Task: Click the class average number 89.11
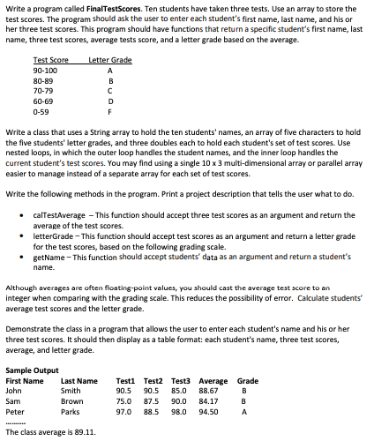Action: click(x=84, y=433)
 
